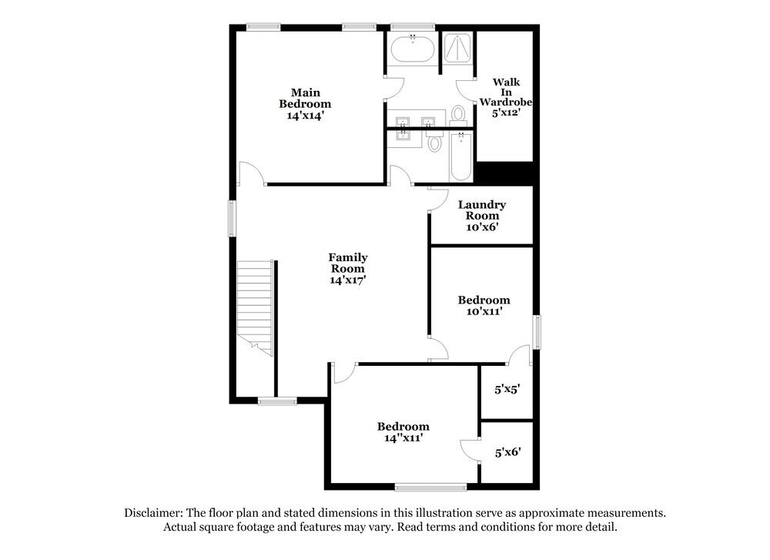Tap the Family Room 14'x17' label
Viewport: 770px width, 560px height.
pos(348,269)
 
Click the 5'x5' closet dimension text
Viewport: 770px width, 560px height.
pos(507,390)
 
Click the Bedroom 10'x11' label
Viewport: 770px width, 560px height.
pos(484,306)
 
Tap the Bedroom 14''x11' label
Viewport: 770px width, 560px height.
pos(403,431)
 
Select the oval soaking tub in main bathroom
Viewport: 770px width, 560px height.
pos(413,51)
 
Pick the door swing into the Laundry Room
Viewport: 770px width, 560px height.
pos(438,200)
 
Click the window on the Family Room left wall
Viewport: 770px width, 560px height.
pos(231,219)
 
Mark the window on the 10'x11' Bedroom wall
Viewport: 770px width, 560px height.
pos(537,330)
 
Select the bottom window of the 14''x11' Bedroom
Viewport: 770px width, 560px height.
pos(430,486)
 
